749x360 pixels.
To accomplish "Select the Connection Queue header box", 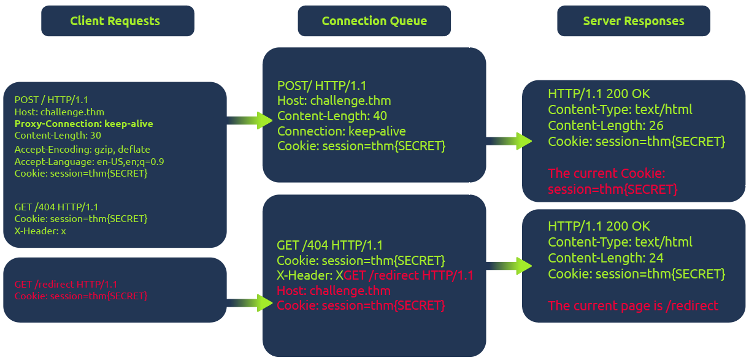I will (x=374, y=21).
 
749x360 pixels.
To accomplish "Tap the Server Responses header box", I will (x=633, y=21).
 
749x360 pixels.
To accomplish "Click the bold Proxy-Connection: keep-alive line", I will (x=83, y=124).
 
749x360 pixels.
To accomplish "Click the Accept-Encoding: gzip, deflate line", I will (x=82, y=149).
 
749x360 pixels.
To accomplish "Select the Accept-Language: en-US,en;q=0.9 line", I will (x=89, y=161).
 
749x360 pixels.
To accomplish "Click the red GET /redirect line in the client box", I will (x=66, y=284).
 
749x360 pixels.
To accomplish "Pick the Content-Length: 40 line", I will (x=332, y=116).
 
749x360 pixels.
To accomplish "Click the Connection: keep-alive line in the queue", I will (x=341, y=131).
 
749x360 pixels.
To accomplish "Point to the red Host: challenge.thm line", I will (x=334, y=290).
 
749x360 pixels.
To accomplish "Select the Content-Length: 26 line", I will (x=605, y=126).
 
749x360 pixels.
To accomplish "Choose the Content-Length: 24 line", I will (x=605, y=258).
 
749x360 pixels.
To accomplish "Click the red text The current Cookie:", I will (x=606, y=174).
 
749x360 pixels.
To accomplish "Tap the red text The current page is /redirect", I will (x=632, y=305).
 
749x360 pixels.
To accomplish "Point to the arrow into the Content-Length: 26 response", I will (x=509, y=141).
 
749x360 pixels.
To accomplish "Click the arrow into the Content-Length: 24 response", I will (x=509, y=266).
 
